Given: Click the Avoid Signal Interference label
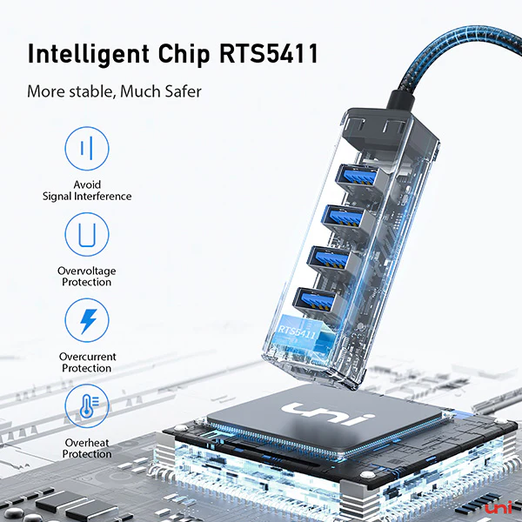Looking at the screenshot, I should click(87, 191).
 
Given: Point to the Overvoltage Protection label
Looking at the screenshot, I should click(86, 277).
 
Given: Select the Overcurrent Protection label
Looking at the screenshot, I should click(86, 363).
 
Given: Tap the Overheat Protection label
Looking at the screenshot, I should click(87, 448).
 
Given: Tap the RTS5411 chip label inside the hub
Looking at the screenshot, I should click(299, 331).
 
